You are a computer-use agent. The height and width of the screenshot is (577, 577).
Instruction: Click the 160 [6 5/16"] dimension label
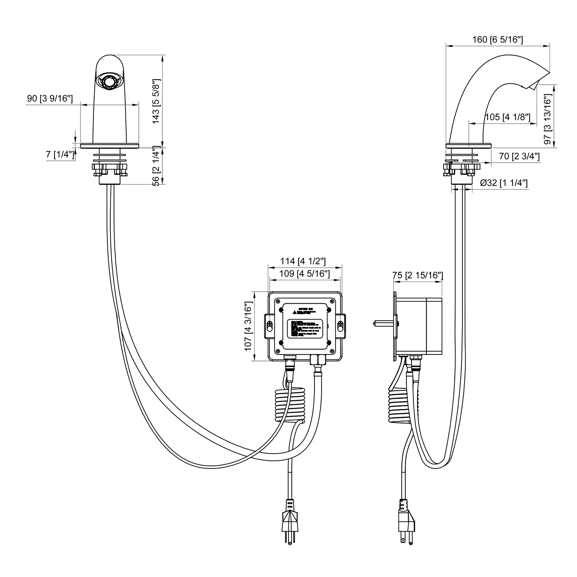point(498,40)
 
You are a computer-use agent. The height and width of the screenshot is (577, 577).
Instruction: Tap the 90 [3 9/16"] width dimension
point(50,98)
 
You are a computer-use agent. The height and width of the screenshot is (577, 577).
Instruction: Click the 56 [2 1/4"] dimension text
point(156,166)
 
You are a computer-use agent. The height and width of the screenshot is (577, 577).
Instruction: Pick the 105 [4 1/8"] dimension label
point(508,117)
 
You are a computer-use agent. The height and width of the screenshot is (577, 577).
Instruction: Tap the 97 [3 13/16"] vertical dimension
point(548,119)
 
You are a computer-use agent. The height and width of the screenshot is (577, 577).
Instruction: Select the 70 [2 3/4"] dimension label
point(519,157)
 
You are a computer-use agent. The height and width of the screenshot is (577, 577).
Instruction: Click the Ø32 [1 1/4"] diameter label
point(504,183)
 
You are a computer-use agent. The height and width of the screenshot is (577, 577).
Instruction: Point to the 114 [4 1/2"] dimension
point(303,261)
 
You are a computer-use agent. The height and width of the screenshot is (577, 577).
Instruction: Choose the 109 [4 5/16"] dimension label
point(304,274)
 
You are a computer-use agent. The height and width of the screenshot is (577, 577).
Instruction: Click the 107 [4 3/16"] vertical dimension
point(248,326)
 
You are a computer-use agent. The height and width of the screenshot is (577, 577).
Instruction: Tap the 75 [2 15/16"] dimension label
point(418,276)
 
